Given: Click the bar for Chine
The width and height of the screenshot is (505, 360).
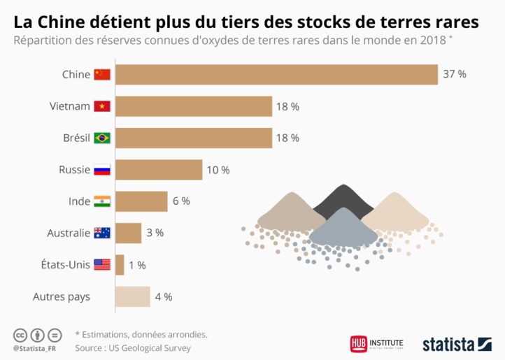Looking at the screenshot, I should [276, 75].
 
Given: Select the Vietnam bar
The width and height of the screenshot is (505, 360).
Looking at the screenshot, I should [193, 106].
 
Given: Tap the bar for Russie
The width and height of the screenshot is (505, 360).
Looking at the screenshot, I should [158, 170].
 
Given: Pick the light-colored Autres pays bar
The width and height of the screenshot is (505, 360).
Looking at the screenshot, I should [132, 296].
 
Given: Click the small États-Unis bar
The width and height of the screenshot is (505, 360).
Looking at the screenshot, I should [120, 265].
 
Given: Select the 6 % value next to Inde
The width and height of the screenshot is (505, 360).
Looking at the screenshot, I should [181, 201].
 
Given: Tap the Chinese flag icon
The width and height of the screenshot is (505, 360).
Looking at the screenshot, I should [102, 75].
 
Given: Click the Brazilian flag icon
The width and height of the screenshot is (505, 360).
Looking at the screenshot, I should [102, 138].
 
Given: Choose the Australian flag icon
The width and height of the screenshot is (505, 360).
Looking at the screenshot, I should [102, 233].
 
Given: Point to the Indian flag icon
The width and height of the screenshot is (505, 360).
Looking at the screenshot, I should [102, 201].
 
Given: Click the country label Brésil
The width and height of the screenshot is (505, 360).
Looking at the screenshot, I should [76, 138].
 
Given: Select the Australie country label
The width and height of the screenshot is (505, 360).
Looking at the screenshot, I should [68, 233].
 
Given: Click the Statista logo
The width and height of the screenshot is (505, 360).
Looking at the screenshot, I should [457, 344].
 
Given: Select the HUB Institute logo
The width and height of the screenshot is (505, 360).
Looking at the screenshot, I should [377, 344].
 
